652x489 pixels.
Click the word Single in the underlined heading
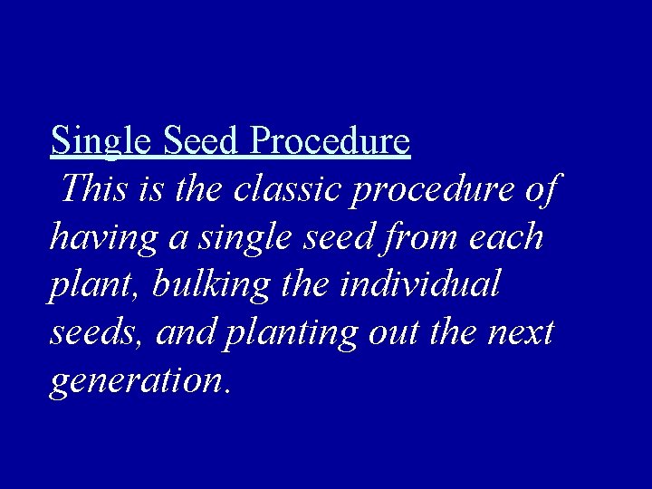point(102,141)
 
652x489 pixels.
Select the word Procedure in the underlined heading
point(331,141)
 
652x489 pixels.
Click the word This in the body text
point(91,189)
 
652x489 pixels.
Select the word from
point(422,237)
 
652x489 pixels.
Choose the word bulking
point(210,286)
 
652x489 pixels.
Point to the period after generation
point(226,392)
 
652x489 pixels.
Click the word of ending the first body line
point(542,189)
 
